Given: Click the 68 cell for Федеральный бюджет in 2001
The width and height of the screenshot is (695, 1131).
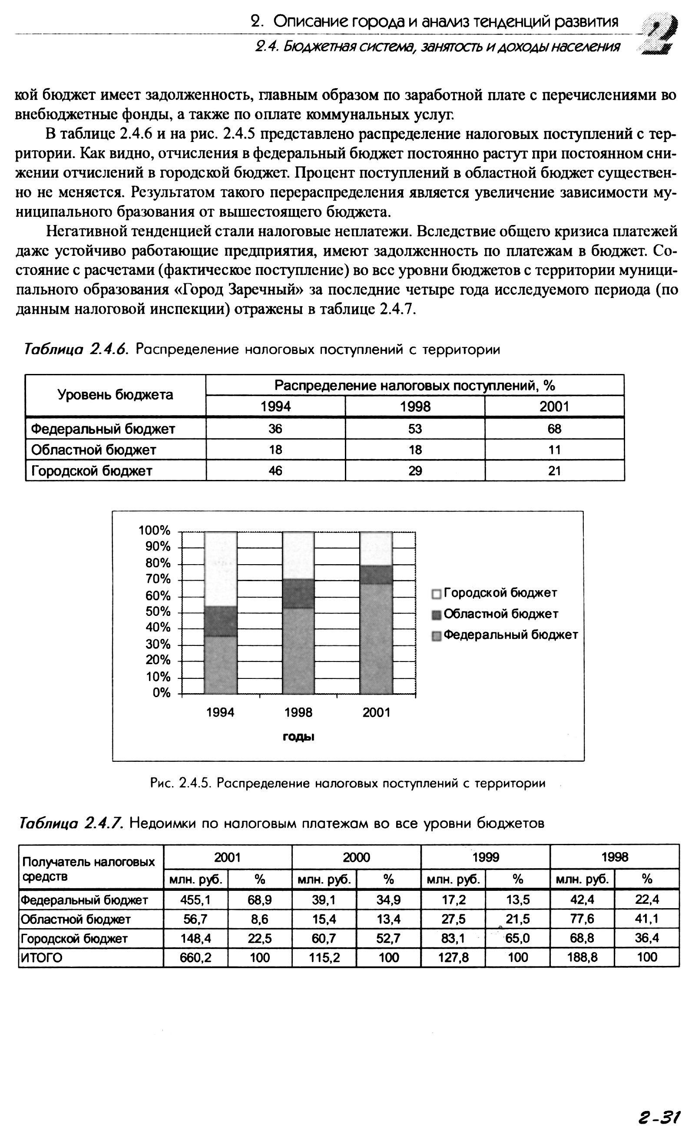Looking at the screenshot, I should [554, 429].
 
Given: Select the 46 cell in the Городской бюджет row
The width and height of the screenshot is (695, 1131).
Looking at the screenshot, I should [275, 471].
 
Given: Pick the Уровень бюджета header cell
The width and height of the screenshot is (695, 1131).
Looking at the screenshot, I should [116, 395].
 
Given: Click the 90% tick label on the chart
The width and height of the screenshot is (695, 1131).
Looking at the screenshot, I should [155, 546].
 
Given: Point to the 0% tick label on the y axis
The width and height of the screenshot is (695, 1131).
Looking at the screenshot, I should [161, 693].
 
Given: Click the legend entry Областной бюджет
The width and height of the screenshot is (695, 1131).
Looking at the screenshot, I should [500, 614].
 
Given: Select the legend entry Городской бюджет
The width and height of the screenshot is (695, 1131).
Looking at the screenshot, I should [500, 593].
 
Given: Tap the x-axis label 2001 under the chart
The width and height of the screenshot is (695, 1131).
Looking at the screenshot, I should [376, 713].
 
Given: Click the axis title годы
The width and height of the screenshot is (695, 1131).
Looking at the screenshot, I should [298, 737].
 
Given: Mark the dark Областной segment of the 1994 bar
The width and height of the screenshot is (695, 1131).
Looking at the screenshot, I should [221, 621].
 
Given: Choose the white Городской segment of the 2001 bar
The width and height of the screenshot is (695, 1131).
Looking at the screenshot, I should [376, 549].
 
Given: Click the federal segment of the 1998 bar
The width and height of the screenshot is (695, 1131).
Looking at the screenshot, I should [298, 651].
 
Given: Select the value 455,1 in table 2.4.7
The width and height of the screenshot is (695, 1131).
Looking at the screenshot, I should [195, 900].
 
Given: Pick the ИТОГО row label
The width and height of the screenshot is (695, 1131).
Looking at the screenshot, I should [42, 958].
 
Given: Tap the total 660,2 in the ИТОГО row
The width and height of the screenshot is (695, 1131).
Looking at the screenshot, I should [195, 958].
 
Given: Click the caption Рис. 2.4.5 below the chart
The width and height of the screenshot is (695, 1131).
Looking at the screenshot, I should [347, 783].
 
